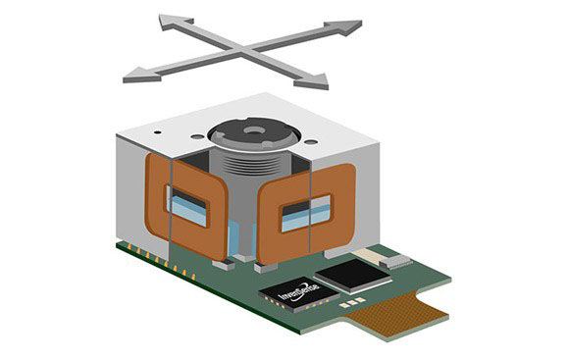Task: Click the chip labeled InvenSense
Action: (x=295, y=293)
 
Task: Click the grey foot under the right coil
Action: (x=269, y=266)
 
